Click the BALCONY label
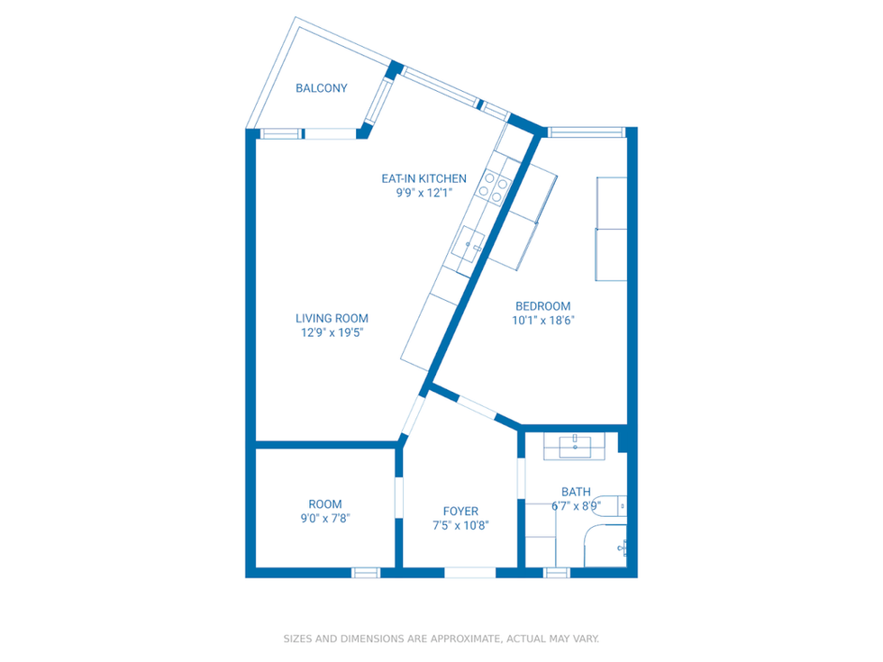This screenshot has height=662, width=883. click(x=322, y=88)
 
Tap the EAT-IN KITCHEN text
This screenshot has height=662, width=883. click(x=423, y=178)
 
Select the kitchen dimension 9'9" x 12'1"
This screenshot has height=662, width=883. click(x=423, y=193)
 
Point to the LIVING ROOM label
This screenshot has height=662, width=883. click(x=332, y=318)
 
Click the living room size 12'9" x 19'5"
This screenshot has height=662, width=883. click(x=332, y=332)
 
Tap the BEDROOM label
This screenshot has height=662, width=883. click(x=542, y=305)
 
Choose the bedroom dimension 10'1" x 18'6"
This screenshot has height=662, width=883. click(x=542, y=320)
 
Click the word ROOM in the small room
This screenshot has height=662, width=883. click(x=325, y=504)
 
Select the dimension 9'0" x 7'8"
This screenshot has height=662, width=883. click(x=325, y=519)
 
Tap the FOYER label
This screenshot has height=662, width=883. click(x=460, y=512)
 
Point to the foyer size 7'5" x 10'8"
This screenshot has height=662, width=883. click(x=460, y=526)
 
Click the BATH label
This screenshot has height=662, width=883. click(x=576, y=492)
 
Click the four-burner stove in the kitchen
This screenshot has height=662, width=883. click(x=496, y=186)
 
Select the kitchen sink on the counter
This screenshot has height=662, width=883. click(x=470, y=242)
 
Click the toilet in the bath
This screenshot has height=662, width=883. click(x=613, y=505)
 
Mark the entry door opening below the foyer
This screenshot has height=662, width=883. click(x=469, y=572)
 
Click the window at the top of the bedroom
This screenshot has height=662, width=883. click(x=587, y=132)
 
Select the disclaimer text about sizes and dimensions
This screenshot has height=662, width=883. click(x=441, y=639)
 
